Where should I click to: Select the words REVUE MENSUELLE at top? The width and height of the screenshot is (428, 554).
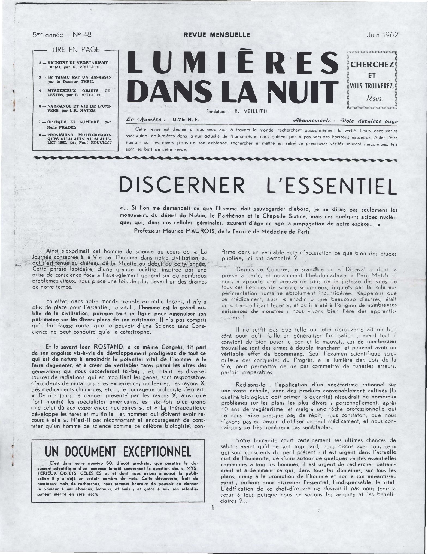pos(217,35)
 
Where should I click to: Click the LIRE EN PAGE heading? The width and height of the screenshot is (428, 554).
pos(74,50)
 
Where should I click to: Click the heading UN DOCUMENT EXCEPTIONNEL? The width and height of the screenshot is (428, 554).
pos(118,452)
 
